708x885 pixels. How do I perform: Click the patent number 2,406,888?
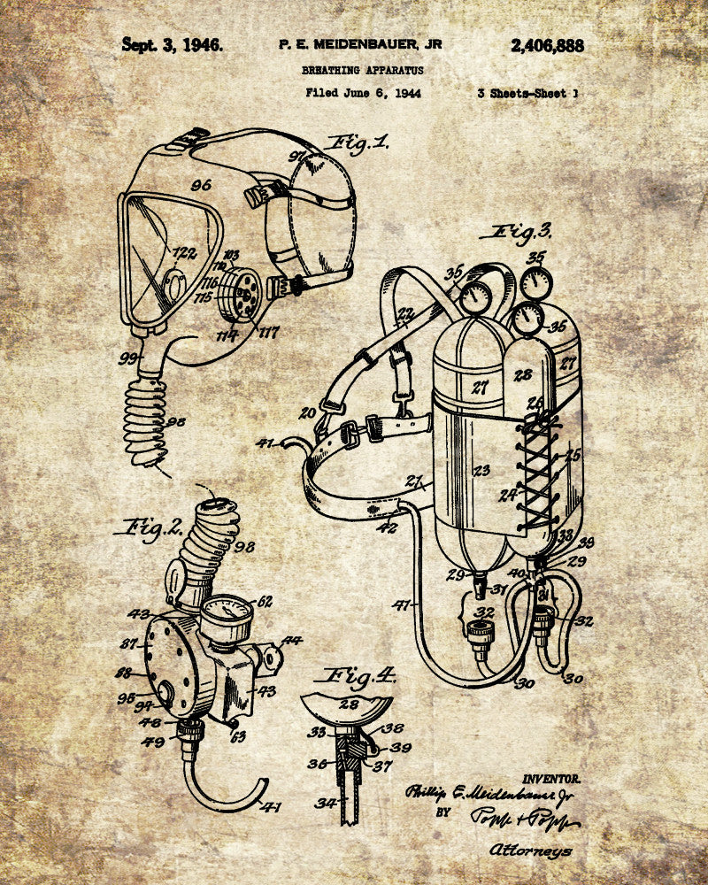pyautogui.click(x=547, y=46)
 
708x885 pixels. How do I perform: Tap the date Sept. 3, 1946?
pyautogui.click(x=173, y=44)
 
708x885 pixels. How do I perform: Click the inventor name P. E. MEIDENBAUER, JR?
pyautogui.click(x=360, y=44)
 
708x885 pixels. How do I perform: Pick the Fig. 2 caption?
pyautogui.click(x=148, y=528)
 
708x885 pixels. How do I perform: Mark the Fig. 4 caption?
pyautogui.click(x=360, y=677)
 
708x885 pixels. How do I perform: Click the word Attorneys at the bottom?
pyautogui.click(x=530, y=850)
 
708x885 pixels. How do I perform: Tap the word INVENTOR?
pyautogui.click(x=551, y=779)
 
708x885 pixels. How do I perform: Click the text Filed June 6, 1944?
pyautogui.click(x=363, y=92)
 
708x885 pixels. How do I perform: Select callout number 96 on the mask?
pyautogui.click(x=201, y=185)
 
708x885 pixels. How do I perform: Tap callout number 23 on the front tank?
pyautogui.click(x=481, y=471)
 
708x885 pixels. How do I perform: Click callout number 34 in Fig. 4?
pyautogui.click(x=326, y=803)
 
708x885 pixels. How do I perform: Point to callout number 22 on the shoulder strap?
pyautogui.click(x=405, y=313)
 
